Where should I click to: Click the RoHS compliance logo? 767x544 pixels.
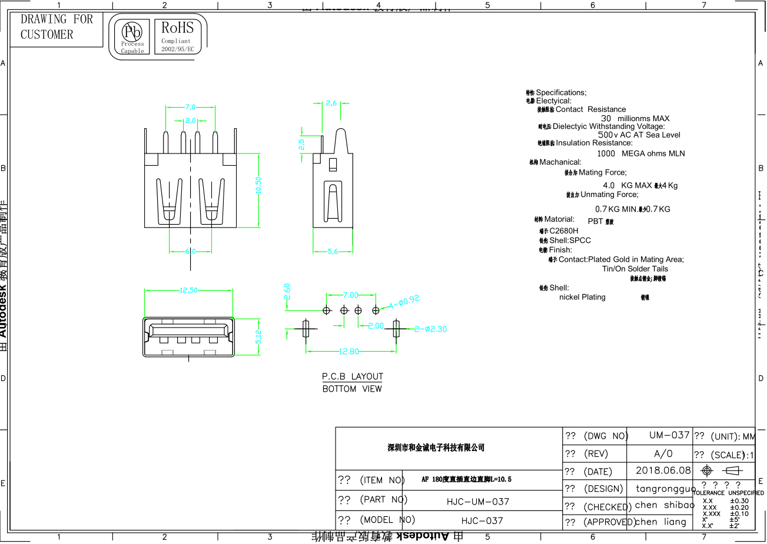177,35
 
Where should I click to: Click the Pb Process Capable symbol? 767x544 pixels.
132,36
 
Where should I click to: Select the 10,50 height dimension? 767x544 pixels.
258,185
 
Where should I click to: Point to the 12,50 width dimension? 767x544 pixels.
188,290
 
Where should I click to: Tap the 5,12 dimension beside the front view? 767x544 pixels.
258,336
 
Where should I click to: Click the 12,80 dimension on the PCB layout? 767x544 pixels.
348,352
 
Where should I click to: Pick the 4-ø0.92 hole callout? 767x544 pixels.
404,302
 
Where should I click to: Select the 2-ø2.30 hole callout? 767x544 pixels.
430,329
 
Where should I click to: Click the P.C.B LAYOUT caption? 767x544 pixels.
352,376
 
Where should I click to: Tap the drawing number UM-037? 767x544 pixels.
669,435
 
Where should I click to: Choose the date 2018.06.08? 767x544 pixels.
663,470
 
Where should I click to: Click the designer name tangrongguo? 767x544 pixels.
665,488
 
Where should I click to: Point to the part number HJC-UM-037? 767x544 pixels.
477,502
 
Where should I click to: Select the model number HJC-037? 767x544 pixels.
482,520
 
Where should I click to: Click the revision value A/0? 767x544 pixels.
663,453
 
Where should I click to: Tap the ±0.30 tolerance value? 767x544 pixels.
739,501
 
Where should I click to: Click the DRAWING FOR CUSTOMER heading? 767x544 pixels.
57,27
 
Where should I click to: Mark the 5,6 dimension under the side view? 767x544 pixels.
333,251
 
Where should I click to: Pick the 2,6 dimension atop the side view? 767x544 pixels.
331,104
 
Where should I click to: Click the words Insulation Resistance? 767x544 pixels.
594,143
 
